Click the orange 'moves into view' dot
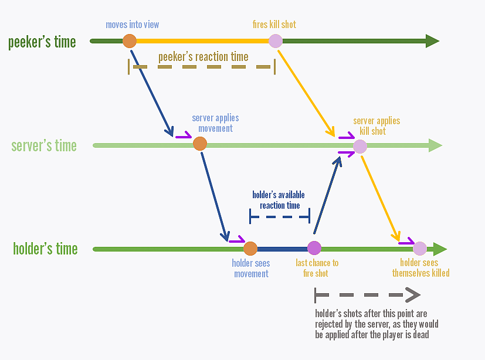point(130,41)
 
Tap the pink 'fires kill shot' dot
point(275,41)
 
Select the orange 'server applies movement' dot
point(200,144)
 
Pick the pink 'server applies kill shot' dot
point(360,147)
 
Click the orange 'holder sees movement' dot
point(250,249)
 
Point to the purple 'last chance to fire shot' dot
point(314,248)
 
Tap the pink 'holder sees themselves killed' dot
point(420,249)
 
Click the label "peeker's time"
point(42,42)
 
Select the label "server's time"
point(44,145)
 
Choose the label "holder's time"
point(45,249)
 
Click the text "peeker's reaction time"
point(204,57)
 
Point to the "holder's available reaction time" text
point(279,200)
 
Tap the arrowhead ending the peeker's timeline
point(432,41)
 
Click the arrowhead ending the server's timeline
point(435,145)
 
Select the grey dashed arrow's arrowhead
point(413,295)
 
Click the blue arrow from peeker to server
point(151,93)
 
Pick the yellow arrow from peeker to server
point(306,93)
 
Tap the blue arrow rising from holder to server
point(328,195)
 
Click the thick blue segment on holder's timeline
point(282,249)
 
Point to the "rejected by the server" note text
point(377,324)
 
